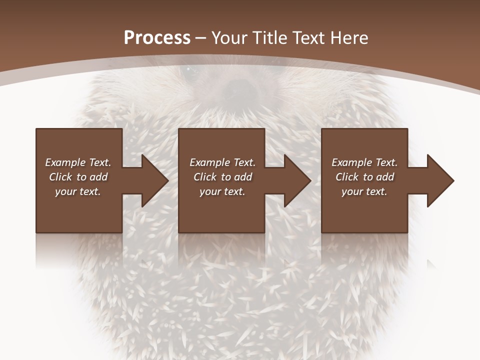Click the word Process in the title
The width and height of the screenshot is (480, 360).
click(x=157, y=38)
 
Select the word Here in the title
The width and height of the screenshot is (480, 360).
click(x=349, y=38)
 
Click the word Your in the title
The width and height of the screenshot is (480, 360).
click(x=229, y=38)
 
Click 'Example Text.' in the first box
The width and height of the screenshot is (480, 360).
click(x=78, y=162)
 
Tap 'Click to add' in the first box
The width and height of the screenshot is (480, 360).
click(x=78, y=177)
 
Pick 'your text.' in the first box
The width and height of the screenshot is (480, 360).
click(x=78, y=191)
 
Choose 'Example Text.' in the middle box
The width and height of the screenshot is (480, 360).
click(x=222, y=162)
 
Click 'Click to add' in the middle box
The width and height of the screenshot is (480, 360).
click(x=222, y=177)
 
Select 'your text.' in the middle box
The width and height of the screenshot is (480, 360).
click(x=222, y=191)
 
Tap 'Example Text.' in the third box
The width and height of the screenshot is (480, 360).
click(x=364, y=162)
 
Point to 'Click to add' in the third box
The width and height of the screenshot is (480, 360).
click(x=364, y=177)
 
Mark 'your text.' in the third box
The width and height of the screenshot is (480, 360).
click(x=364, y=191)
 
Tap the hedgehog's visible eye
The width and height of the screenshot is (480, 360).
click(x=188, y=70)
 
